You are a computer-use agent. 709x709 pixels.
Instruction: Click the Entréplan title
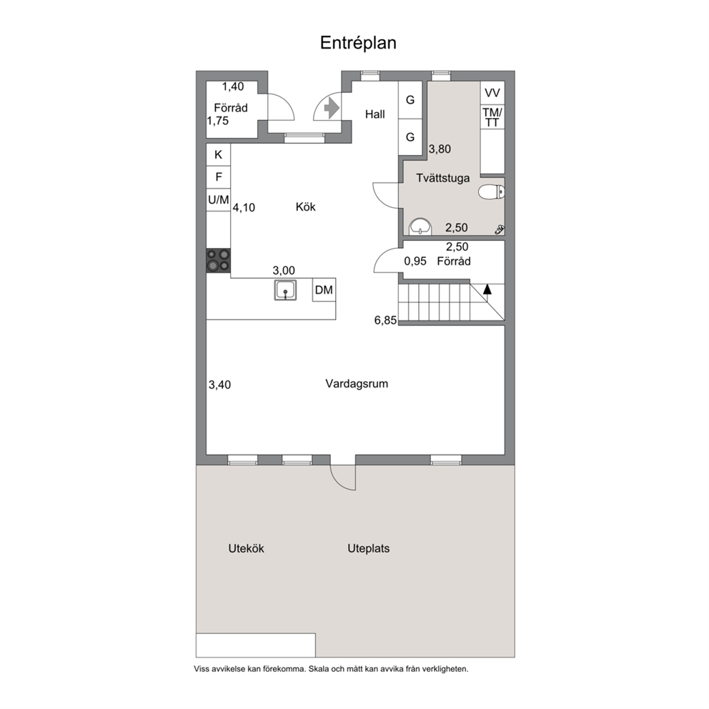(358, 43)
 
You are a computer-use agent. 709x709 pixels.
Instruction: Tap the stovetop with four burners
(219, 260)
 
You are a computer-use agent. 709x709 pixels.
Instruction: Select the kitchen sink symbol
(285, 290)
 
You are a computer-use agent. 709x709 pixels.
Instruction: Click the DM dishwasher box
(324, 290)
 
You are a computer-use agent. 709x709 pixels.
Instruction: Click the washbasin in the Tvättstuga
(420, 227)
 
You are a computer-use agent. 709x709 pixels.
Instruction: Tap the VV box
(492, 93)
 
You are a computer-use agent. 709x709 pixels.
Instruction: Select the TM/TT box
(492, 117)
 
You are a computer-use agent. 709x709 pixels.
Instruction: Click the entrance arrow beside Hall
(332, 108)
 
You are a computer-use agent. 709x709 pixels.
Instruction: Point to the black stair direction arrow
(487, 289)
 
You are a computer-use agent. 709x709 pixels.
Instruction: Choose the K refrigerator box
(219, 155)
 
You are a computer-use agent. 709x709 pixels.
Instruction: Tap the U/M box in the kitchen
(219, 199)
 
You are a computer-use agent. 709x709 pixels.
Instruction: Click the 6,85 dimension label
(385, 320)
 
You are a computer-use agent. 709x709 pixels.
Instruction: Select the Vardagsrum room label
(357, 384)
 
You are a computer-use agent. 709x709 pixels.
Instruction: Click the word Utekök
(246, 548)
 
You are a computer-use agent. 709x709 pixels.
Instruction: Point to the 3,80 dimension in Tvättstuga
(440, 149)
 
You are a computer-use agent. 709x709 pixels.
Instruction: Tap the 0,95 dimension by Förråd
(415, 262)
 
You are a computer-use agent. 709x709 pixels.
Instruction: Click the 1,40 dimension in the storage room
(233, 86)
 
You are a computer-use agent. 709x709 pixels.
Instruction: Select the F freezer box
(219, 177)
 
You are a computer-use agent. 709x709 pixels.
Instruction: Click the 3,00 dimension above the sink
(284, 270)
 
